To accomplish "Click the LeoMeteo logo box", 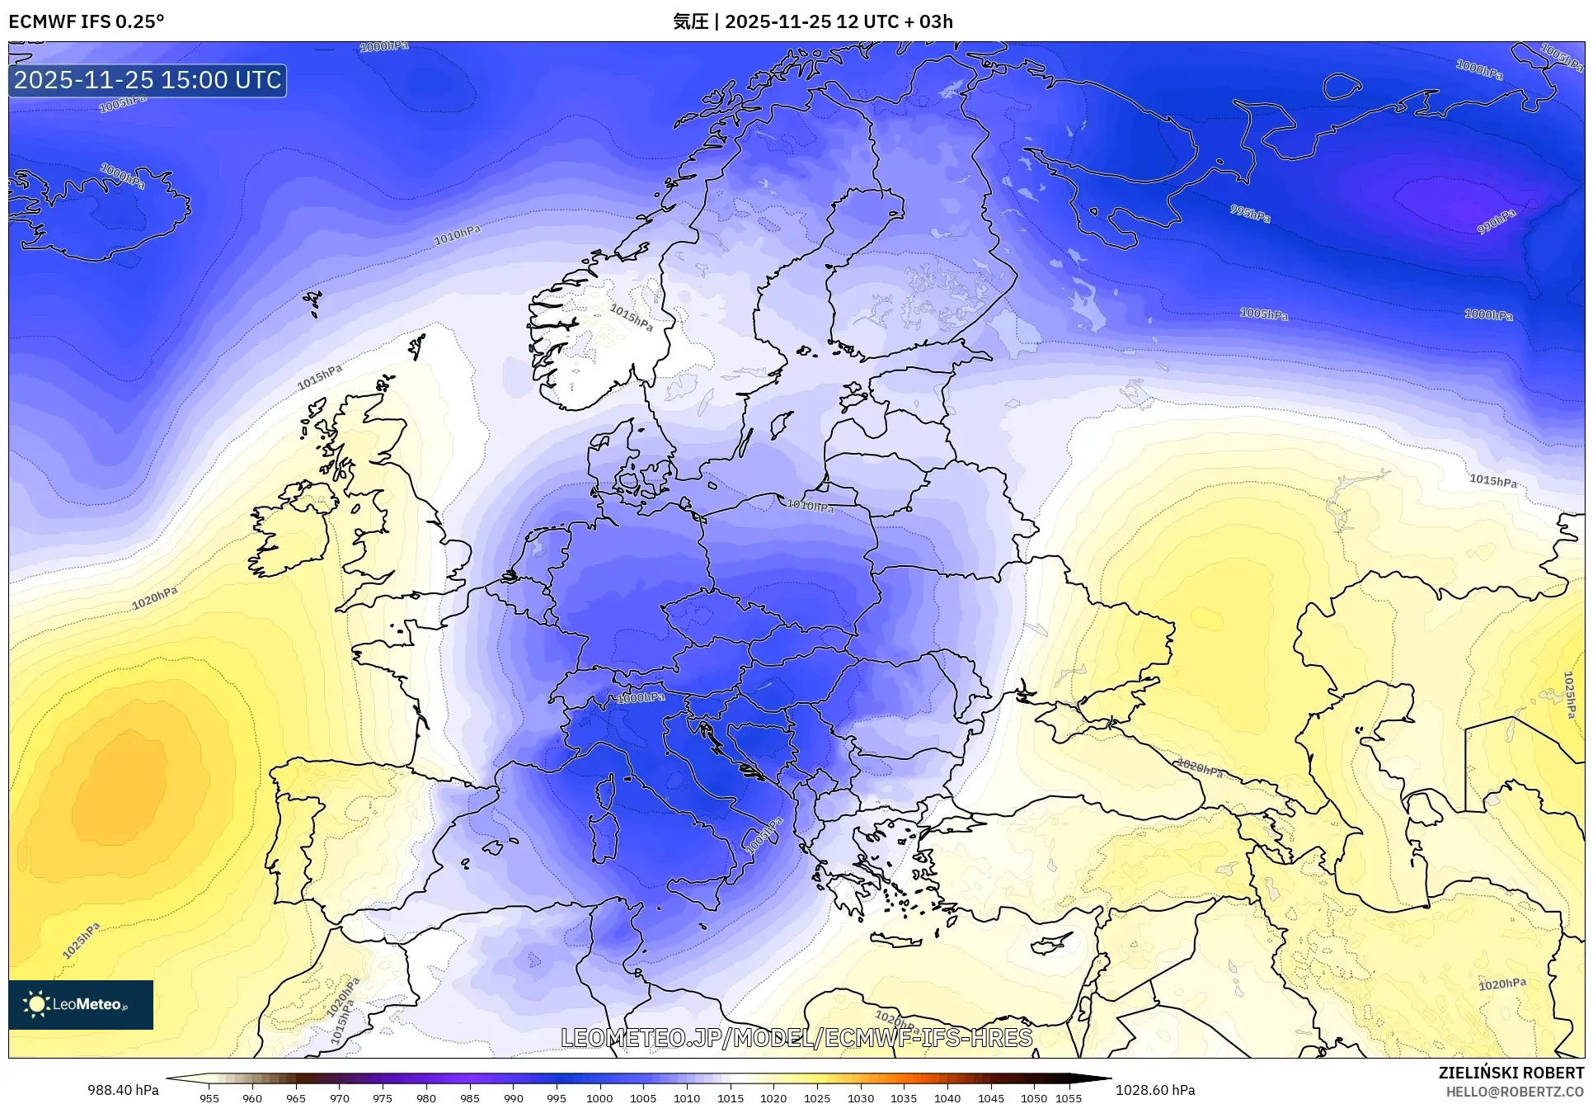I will [x=80, y=1004].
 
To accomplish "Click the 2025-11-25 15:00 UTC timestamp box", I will [x=148, y=80].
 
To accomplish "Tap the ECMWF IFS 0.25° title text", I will [x=86, y=21].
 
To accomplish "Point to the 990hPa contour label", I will [x=1496, y=222].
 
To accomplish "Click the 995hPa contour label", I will [x=1250, y=214].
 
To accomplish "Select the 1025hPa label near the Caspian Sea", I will [x=1569, y=695].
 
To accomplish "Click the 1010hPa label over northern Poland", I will [x=810, y=506].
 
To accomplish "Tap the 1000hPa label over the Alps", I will [x=641, y=698].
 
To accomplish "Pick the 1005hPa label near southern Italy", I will [x=763, y=836].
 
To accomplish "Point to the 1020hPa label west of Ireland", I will [x=154, y=598].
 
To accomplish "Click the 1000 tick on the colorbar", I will [x=599, y=1097].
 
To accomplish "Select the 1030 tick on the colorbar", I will [x=860, y=1097].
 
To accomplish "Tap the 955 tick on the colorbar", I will [x=209, y=1097].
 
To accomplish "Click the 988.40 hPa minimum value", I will [x=123, y=1090].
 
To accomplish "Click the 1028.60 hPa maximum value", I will [x=1154, y=1090].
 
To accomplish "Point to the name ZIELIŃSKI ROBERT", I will [x=1511, y=1073].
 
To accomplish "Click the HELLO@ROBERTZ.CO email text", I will [x=1515, y=1092].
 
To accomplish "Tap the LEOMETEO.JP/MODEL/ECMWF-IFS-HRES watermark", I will [x=796, y=1037].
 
